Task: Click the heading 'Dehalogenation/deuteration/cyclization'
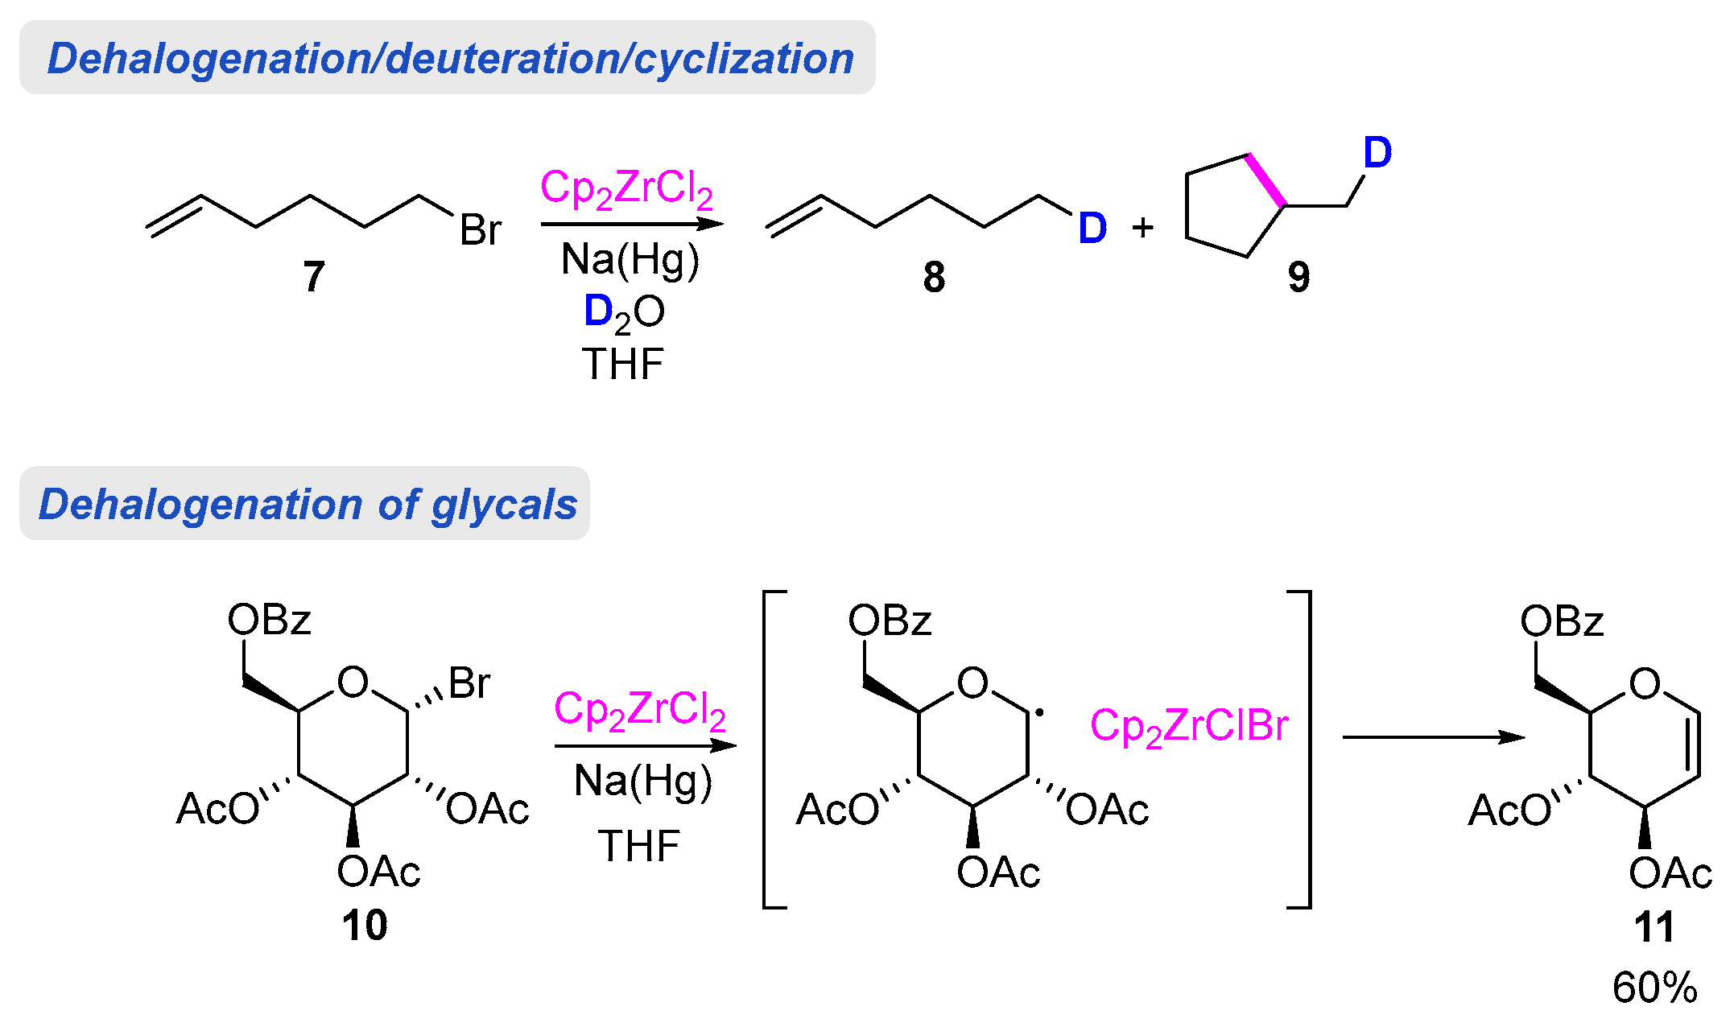point(449,59)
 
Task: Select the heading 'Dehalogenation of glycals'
point(308,505)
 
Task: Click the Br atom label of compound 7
point(481,230)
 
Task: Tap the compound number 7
point(314,277)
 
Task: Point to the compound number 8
point(934,278)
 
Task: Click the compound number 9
point(1298,278)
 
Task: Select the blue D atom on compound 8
point(1092,229)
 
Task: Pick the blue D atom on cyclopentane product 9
point(1377,152)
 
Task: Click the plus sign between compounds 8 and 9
point(1142,229)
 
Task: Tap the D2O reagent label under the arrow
point(624,312)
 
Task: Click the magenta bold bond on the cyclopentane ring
point(1265,180)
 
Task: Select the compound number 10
point(365,926)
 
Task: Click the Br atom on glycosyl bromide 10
point(469,683)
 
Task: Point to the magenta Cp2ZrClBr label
point(1188,726)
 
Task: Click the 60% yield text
point(1654,988)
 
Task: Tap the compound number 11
point(1654,927)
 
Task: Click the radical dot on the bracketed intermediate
point(1039,713)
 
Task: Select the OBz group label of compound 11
point(1562,621)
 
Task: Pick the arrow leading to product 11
point(1433,737)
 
